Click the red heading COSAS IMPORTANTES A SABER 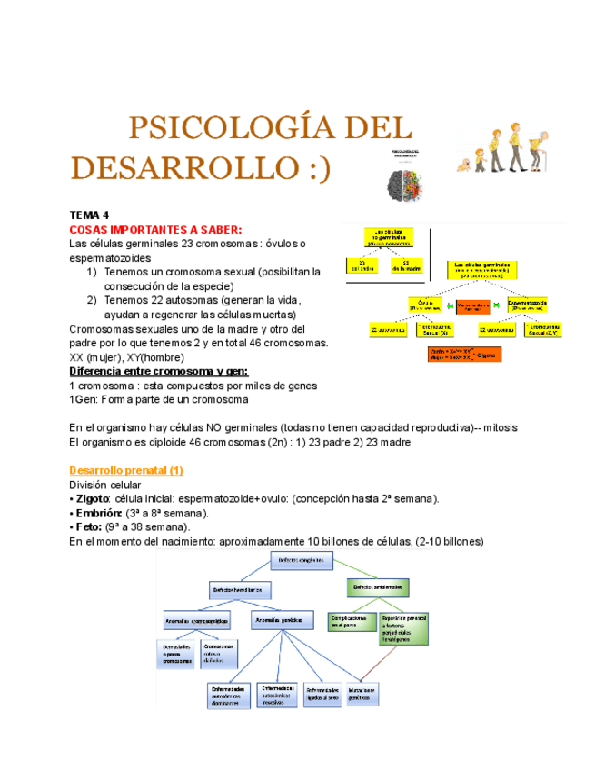[x=155, y=229]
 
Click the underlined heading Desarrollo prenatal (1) [x=126, y=470]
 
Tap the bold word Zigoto [x=94, y=498]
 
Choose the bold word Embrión [x=97, y=513]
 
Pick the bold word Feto [x=89, y=526]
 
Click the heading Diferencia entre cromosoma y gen [x=171, y=371]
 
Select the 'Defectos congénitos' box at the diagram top [x=302, y=560]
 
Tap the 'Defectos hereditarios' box [x=238, y=589]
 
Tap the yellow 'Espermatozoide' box [x=527, y=305]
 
